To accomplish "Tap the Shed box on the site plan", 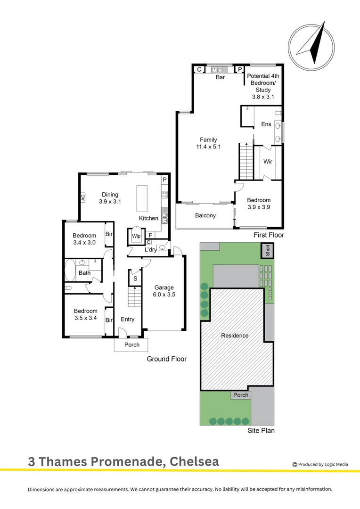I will (267, 250).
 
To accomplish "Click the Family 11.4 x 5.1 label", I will (208, 143).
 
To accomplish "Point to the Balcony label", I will (205, 215).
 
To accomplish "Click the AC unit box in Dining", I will (83, 197).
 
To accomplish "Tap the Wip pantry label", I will (136, 236).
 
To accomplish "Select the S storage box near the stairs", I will (135, 279).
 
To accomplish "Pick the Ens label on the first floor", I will (266, 124).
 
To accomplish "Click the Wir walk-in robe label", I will (268, 162).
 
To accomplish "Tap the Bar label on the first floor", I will (220, 77).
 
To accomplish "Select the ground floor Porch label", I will (132, 345).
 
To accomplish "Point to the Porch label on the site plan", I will (241, 395).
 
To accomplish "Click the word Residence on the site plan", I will (235, 336).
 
